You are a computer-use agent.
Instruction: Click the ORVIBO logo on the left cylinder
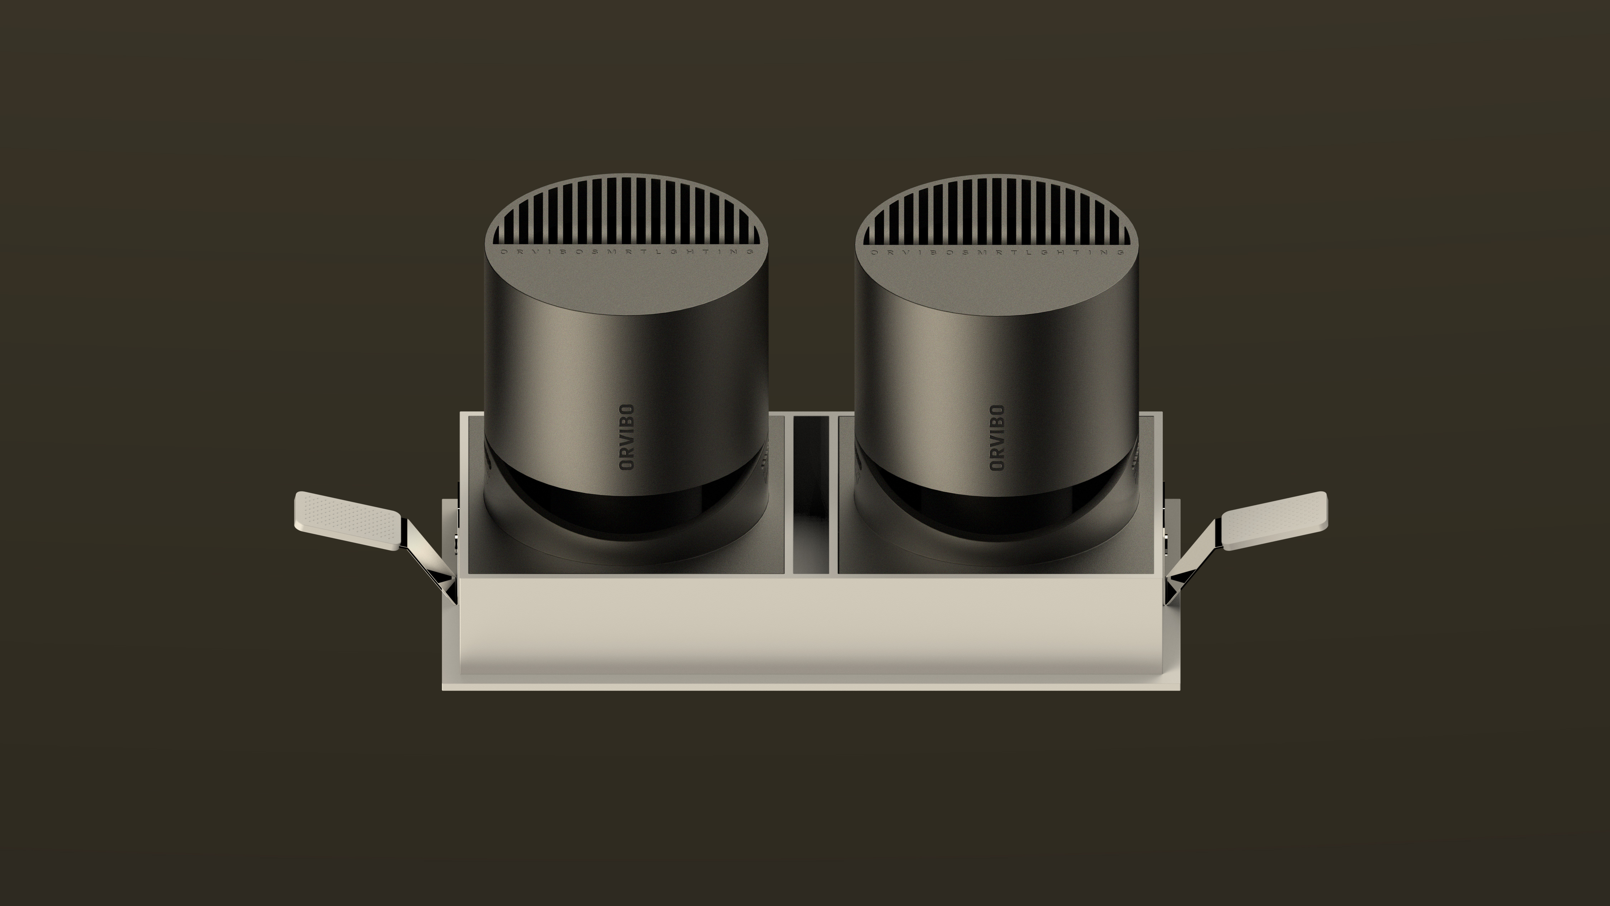(626, 437)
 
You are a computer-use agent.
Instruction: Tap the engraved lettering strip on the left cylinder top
(627, 252)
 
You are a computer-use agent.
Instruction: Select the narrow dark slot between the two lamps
(811, 494)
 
